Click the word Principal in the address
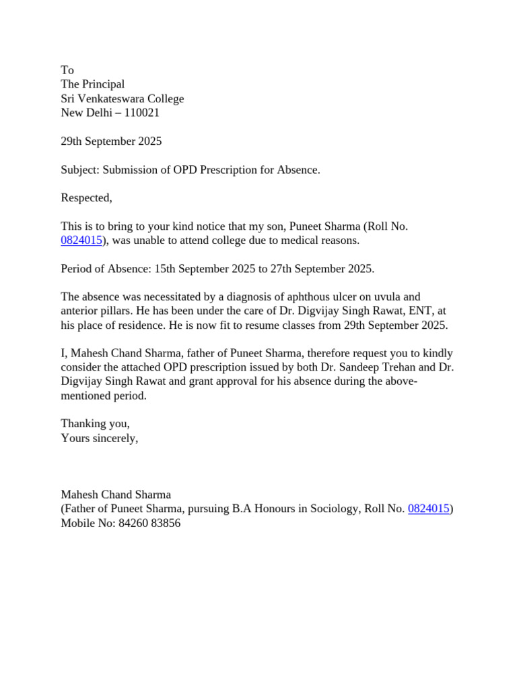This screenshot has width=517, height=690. click(103, 84)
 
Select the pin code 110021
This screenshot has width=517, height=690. click(142, 113)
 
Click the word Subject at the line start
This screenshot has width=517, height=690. click(80, 170)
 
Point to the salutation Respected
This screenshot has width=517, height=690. click(86, 198)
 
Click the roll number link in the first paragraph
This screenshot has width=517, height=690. click(81, 241)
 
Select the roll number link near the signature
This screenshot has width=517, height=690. click(429, 509)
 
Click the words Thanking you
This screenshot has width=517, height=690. click(95, 424)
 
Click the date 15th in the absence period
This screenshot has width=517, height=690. click(165, 269)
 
